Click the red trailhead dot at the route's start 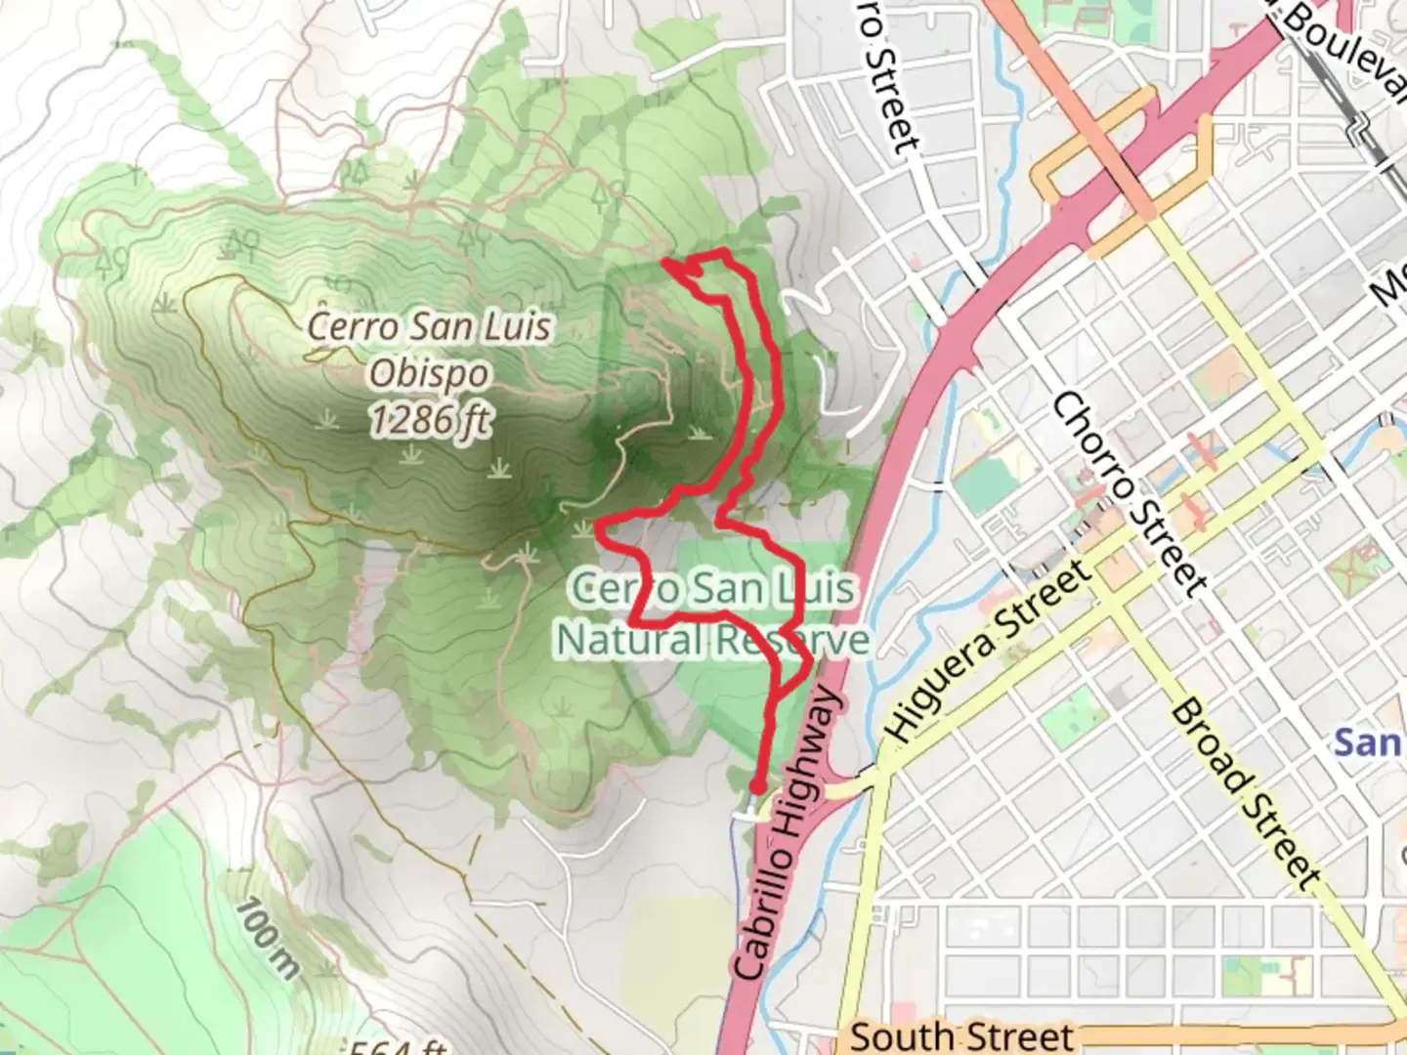(x=757, y=786)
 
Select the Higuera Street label (x=987, y=652)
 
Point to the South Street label (x=961, y=1035)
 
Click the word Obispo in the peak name (x=430, y=373)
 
